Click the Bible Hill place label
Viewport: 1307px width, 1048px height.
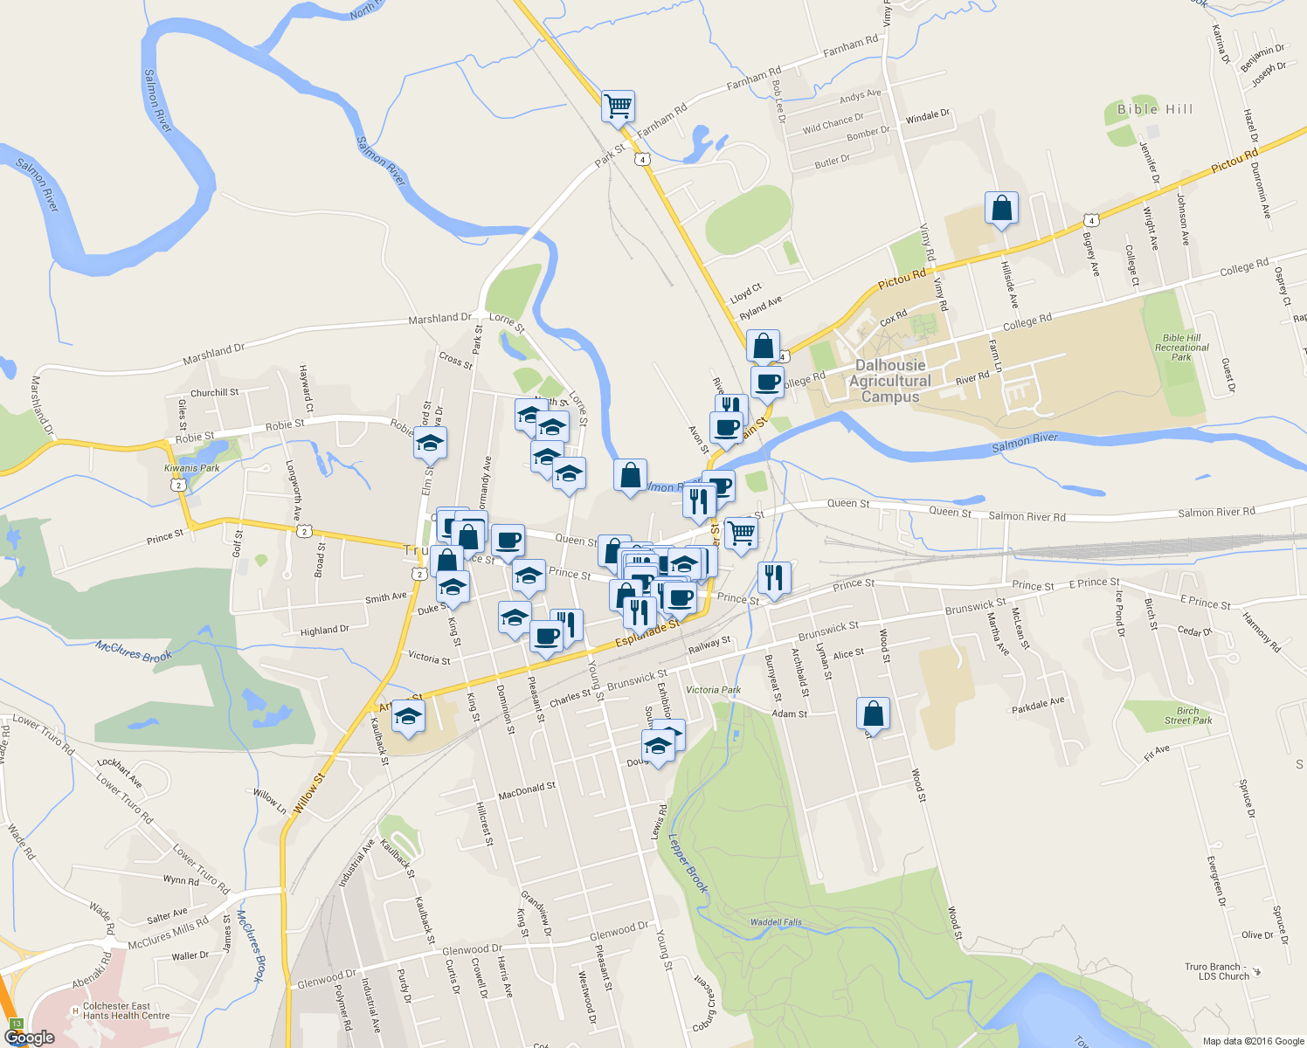coord(1154,109)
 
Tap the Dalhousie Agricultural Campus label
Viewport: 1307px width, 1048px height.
coord(890,381)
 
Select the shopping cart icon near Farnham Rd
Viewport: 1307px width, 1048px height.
coord(618,107)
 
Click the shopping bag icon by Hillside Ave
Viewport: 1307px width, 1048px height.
coord(1001,209)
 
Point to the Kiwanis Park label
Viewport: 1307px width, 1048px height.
coord(192,468)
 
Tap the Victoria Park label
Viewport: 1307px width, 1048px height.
coord(713,690)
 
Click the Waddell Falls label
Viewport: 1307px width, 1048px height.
coord(776,922)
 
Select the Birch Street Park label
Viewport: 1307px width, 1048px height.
coord(1187,715)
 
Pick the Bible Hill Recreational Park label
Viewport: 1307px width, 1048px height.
coord(1181,348)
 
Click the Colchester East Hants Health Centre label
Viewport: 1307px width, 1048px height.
coord(122,1011)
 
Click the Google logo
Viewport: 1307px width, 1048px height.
coord(29,1037)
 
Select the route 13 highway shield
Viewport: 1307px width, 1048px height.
coord(17,1023)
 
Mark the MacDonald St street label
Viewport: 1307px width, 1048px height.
coord(527,791)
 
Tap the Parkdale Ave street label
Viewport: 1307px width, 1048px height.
coord(1038,705)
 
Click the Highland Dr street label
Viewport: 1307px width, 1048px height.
coord(324,631)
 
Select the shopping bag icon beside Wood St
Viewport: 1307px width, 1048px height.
coord(873,714)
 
